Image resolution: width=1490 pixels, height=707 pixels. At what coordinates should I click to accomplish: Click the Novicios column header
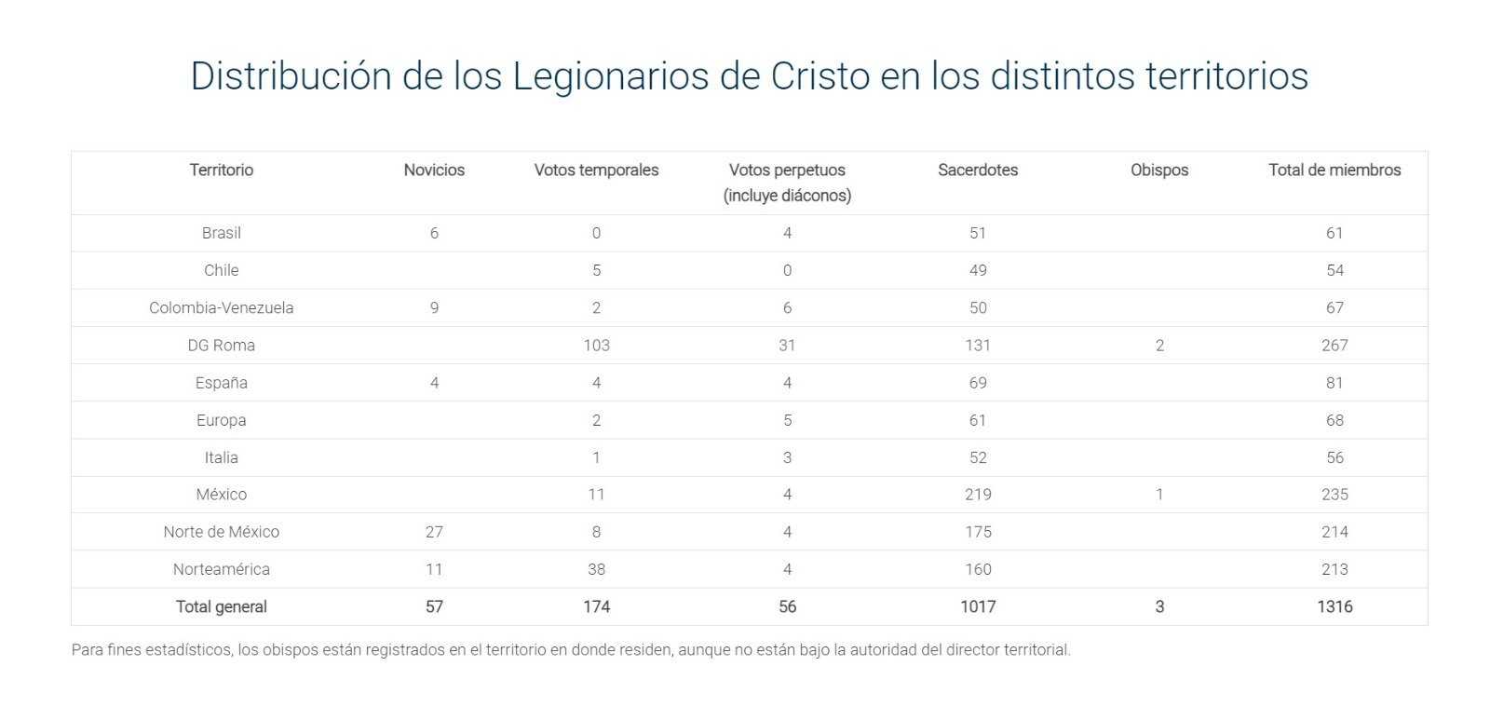pyautogui.click(x=434, y=170)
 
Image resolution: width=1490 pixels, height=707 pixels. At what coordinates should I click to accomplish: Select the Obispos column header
pyautogui.click(x=1159, y=170)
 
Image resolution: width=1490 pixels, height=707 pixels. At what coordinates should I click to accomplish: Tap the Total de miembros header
pyautogui.click(x=1334, y=170)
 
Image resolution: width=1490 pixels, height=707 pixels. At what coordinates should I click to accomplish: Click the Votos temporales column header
pyautogui.click(x=596, y=170)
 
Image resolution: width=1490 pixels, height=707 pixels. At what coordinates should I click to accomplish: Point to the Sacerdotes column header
pyautogui.click(x=978, y=170)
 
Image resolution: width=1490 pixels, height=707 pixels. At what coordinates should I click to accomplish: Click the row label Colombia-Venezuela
pyautogui.click(x=222, y=307)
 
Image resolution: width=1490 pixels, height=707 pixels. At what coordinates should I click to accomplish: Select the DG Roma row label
pyautogui.click(x=222, y=345)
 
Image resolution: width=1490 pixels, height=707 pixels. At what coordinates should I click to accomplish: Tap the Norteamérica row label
pyautogui.click(x=222, y=569)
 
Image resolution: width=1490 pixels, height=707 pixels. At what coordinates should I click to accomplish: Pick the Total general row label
pyautogui.click(x=222, y=606)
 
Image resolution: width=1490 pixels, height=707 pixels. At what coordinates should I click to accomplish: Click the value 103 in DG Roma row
pyautogui.click(x=596, y=345)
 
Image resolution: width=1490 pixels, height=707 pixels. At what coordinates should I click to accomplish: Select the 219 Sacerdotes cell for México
pyautogui.click(x=978, y=495)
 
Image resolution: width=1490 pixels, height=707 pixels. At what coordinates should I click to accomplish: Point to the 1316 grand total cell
pyautogui.click(x=1334, y=606)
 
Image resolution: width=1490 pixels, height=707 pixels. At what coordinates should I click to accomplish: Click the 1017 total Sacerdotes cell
pyautogui.click(x=978, y=606)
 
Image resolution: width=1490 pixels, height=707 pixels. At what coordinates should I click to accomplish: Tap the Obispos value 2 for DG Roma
pyautogui.click(x=1159, y=345)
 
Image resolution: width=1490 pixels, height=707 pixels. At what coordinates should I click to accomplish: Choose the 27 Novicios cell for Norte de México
pyautogui.click(x=434, y=532)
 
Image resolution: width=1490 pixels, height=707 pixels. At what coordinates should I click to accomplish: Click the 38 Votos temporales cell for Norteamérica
pyautogui.click(x=596, y=569)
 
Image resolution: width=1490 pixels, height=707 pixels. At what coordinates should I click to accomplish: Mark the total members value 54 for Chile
pyautogui.click(x=1334, y=270)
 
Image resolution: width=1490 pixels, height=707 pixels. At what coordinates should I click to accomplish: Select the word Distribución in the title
pyautogui.click(x=291, y=75)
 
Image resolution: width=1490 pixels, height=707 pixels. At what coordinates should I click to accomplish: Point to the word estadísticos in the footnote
pyautogui.click(x=185, y=649)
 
